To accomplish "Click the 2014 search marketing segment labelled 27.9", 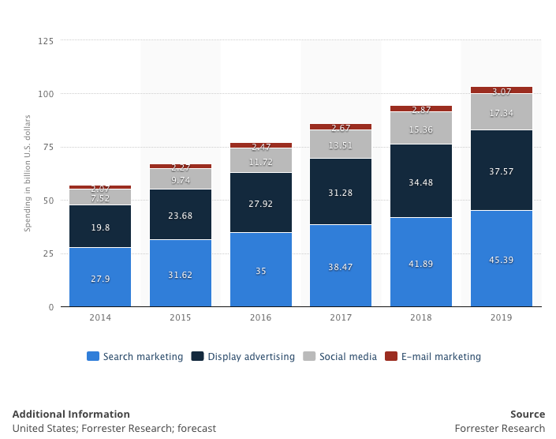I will click(100, 277).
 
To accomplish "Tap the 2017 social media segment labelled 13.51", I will click(341, 144).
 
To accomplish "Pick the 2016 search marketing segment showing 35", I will click(261, 270).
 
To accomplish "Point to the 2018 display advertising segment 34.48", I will click(421, 181).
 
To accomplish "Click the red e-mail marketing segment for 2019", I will click(502, 90).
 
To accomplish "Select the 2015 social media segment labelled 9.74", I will click(181, 180).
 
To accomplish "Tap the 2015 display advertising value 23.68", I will click(181, 215).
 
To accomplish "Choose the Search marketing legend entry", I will click(135, 357).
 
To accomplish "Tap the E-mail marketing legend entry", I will click(433, 357).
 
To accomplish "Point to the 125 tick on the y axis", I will click(46, 41).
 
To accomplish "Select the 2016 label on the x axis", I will click(261, 317).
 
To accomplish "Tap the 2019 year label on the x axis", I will click(502, 317).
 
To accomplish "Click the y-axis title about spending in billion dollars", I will click(27, 173).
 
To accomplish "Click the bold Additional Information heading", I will click(71, 415).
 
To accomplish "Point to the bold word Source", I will click(528, 415).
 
